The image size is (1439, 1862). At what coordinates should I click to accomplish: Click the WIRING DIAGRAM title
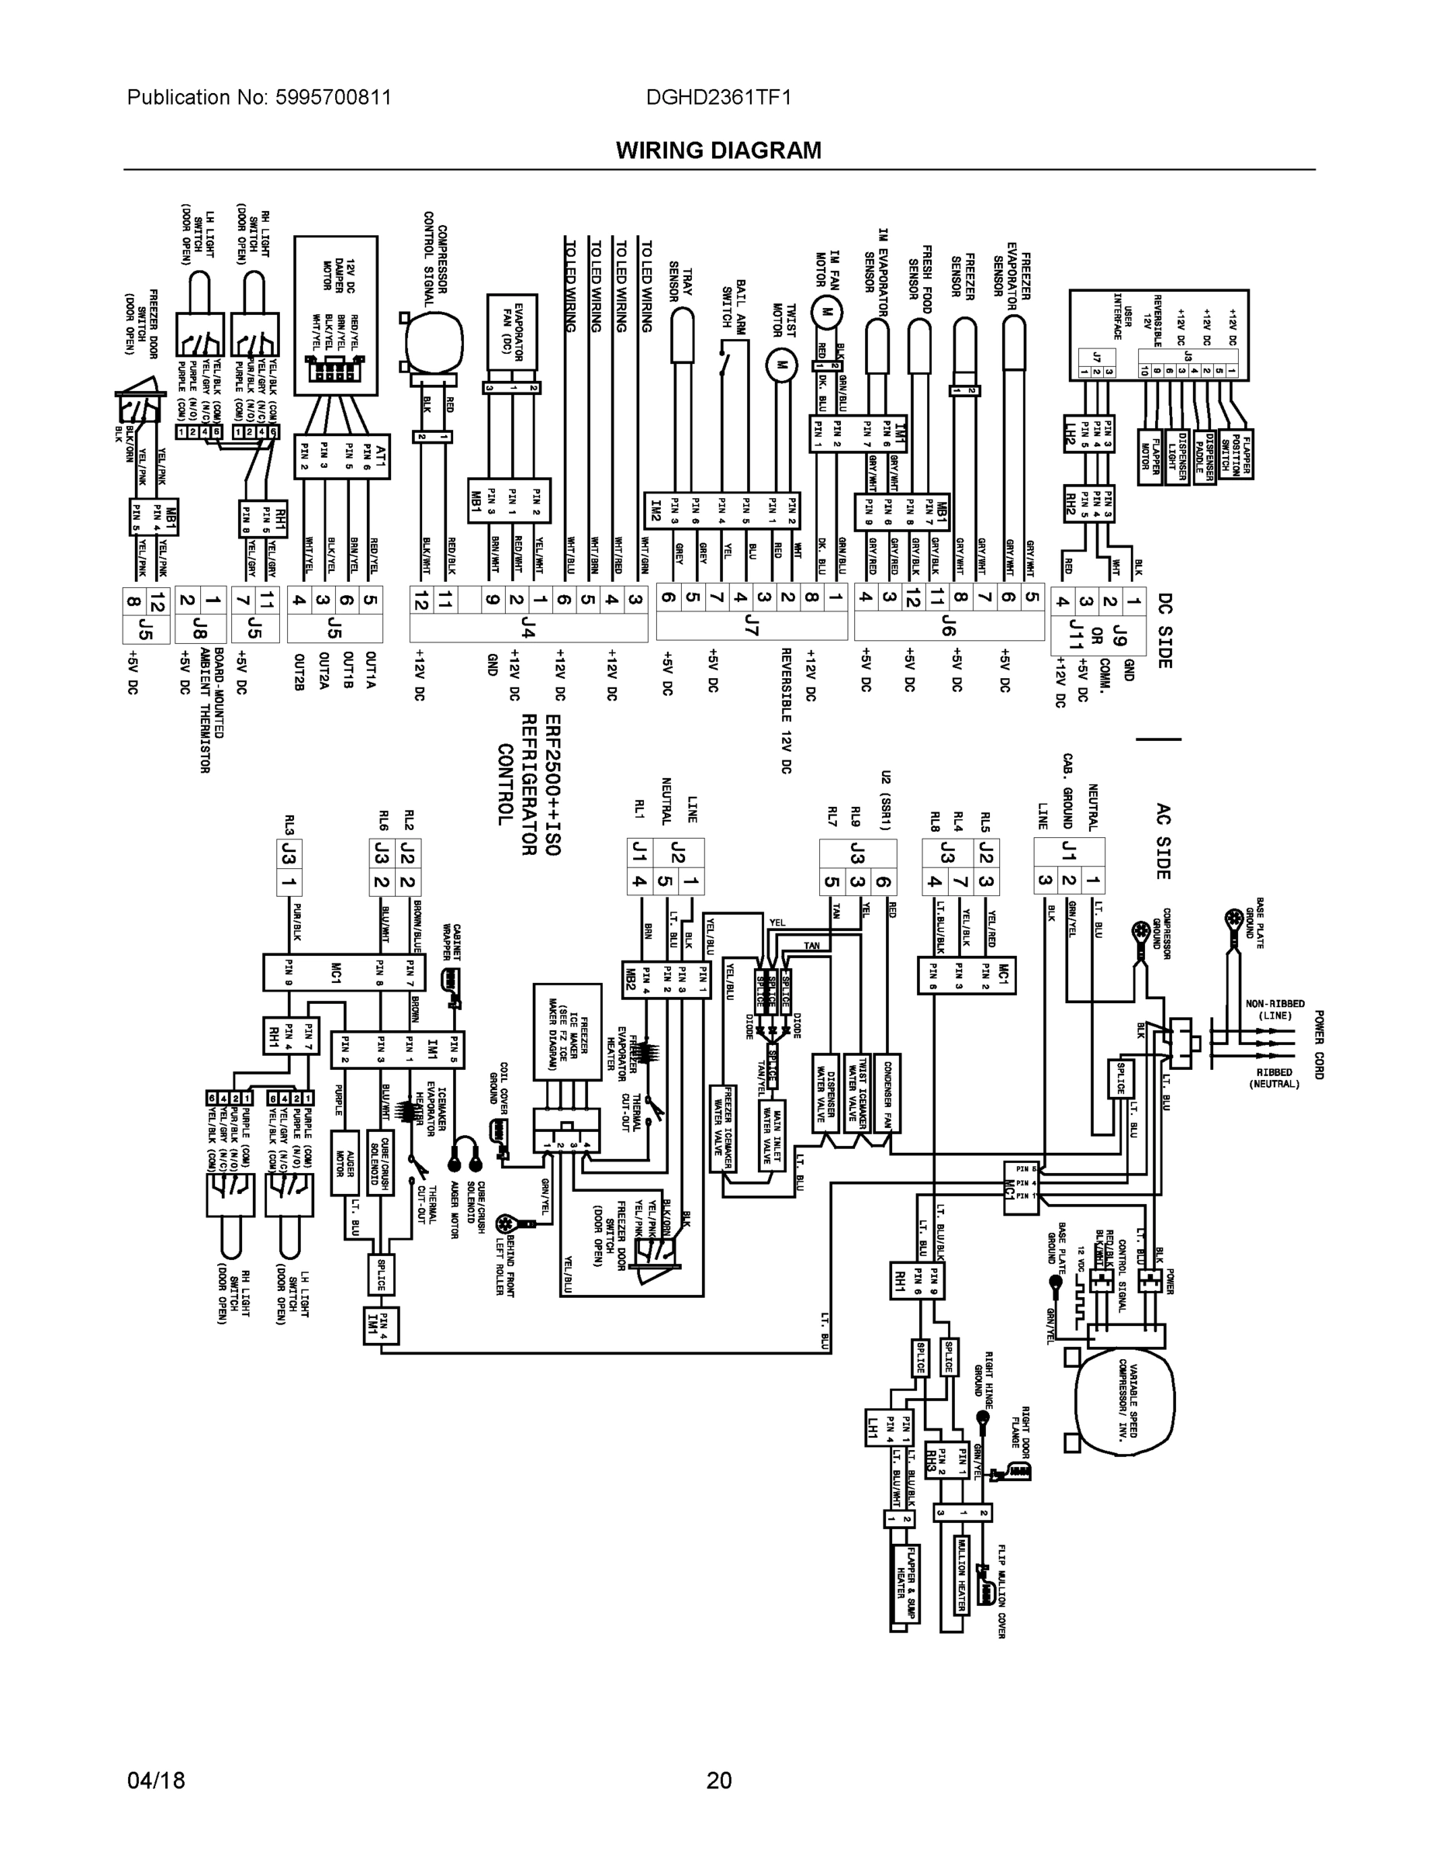[x=718, y=151]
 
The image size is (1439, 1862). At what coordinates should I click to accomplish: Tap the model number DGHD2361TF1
[x=718, y=97]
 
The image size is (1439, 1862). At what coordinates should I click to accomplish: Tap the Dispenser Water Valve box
[x=825, y=1092]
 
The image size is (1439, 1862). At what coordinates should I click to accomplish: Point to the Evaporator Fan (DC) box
[x=511, y=334]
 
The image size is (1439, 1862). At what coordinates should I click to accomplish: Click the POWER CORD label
[x=1318, y=1044]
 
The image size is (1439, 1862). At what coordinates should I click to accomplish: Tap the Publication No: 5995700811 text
[x=259, y=97]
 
